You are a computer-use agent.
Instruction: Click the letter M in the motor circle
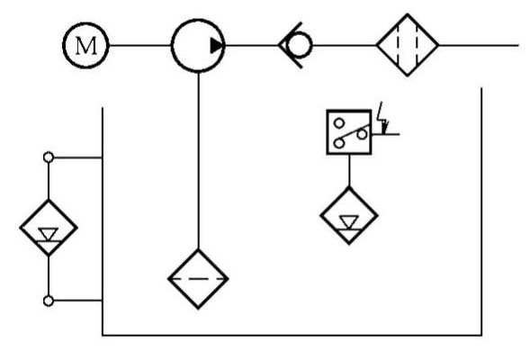point(86,46)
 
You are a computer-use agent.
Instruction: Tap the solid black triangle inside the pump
point(217,46)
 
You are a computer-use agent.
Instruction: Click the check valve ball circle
point(299,45)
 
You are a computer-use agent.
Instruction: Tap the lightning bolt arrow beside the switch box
point(382,118)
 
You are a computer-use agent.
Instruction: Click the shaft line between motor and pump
point(140,45)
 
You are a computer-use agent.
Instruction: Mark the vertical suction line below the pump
point(198,161)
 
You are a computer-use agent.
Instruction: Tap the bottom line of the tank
point(292,336)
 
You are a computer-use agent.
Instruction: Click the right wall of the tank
point(481,211)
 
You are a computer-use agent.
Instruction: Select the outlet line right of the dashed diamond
point(479,45)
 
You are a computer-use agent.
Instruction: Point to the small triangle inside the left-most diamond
point(49,233)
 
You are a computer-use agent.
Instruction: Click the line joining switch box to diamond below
point(349,171)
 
